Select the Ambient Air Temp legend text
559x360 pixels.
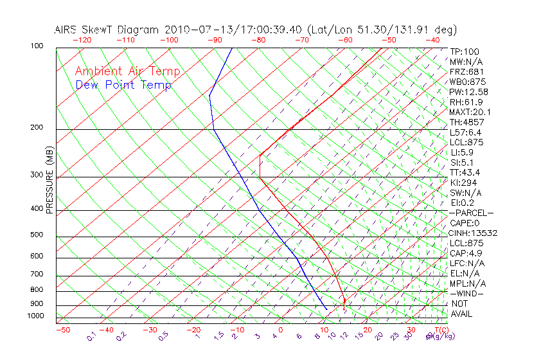point(127,72)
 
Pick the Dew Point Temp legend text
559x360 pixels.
point(123,85)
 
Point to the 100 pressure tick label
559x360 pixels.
point(37,46)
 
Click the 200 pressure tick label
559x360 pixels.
point(37,128)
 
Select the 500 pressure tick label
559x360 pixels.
point(37,235)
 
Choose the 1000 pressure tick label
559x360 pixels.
point(35,316)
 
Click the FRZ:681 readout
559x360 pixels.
point(467,71)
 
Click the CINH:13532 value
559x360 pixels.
point(474,233)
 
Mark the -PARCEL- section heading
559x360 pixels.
point(472,213)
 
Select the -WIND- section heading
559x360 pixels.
point(467,294)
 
